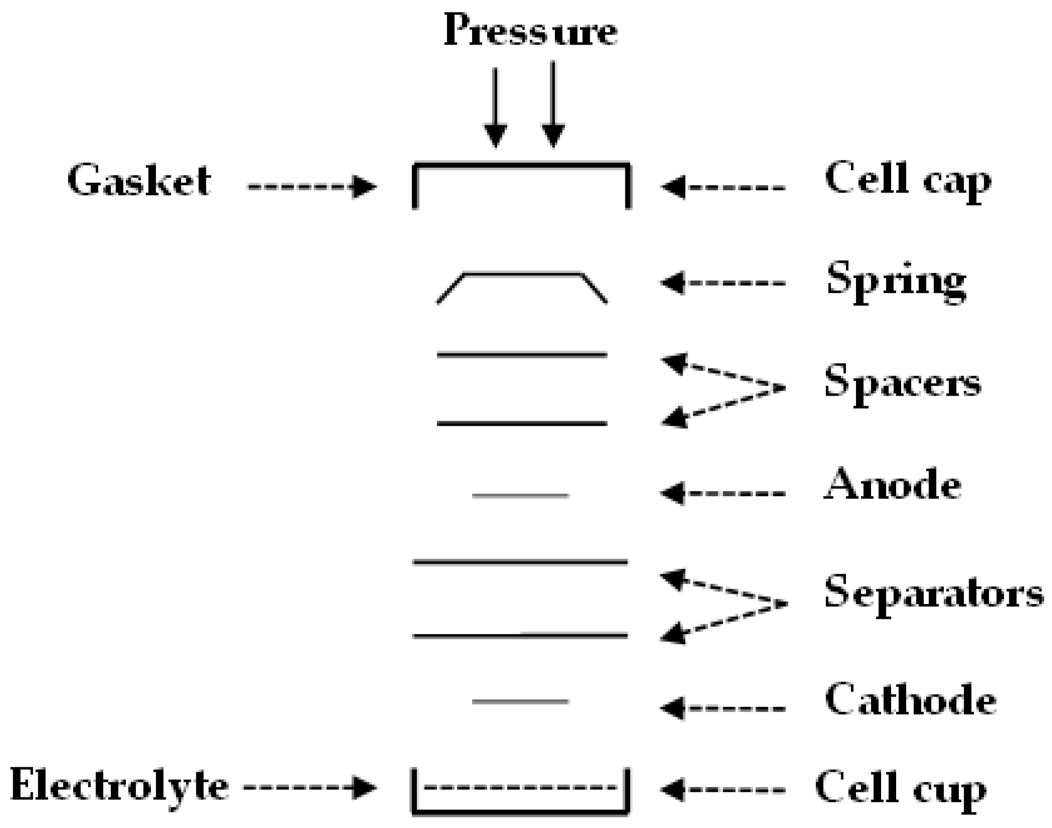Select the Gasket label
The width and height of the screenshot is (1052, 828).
[139, 181]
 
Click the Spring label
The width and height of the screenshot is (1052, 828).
[896, 281]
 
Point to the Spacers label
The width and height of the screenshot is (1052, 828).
[903, 384]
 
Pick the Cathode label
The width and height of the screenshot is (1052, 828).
[910, 700]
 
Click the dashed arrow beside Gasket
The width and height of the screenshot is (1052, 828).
[311, 187]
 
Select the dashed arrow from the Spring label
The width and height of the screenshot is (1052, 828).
[722, 283]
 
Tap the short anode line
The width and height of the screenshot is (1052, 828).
[520, 495]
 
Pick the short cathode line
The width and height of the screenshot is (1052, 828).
[520, 701]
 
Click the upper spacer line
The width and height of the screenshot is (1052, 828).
[522, 355]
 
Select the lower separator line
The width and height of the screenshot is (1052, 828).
[520, 636]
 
